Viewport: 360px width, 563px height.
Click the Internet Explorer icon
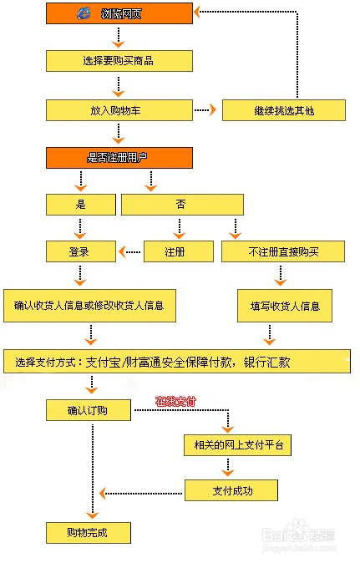pos(84,13)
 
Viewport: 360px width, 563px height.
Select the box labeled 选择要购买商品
pos(119,61)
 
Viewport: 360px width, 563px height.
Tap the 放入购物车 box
pos(119,110)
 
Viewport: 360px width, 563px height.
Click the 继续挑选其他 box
pos(284,110)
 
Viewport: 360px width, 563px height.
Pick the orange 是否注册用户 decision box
pos(119,158)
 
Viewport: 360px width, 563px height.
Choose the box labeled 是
pos(81,205)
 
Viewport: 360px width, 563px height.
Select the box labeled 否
pos(182,205)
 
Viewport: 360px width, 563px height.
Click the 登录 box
pos(81,251)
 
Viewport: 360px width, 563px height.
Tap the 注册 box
pos(179,251)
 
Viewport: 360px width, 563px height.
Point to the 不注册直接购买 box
pos(283,251)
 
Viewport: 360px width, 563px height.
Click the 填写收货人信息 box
pos(285,306)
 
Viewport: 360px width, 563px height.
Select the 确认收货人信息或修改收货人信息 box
pos(89,306)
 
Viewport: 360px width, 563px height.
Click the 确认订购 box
pos(89,410)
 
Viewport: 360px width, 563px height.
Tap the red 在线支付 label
pos(176,401)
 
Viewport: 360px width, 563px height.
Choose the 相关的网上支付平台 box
pos(237,445)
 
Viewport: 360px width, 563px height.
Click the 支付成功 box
pos(231,490)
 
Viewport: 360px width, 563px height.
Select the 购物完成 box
pos(89,533)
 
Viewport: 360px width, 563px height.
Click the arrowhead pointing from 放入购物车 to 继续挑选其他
pos(213,110)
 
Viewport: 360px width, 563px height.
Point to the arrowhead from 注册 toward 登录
pos(122,251)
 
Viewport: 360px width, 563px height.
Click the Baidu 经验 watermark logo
pos(298,532)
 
